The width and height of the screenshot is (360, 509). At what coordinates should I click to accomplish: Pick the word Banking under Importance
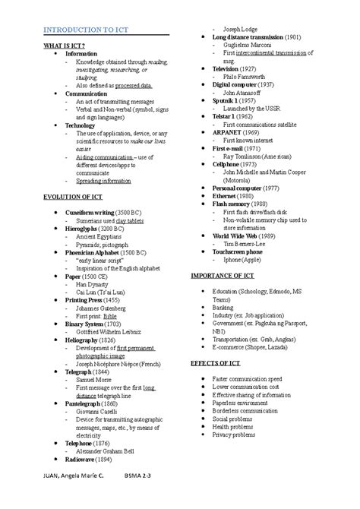click(x=224, y=307)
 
